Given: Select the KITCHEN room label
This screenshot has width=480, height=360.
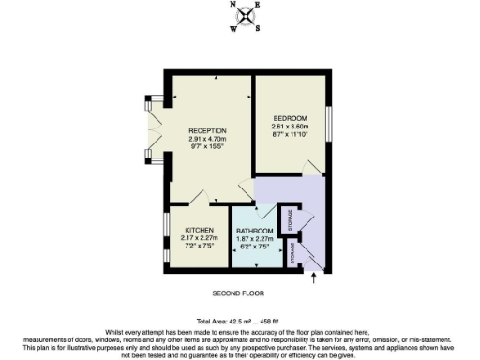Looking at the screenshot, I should [199, 230].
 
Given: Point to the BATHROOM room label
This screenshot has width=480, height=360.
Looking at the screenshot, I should [254, 231].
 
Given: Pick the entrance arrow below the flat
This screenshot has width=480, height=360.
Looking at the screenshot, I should [314, 276].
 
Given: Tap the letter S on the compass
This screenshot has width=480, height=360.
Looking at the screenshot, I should [257, 27].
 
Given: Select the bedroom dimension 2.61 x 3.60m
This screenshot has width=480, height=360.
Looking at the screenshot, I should [291, 127].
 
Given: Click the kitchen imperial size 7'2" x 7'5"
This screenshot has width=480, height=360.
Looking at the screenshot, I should [199, 246].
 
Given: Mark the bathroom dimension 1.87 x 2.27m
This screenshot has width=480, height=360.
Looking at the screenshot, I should [254, 238].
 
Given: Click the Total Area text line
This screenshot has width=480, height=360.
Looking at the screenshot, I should [240, 321].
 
